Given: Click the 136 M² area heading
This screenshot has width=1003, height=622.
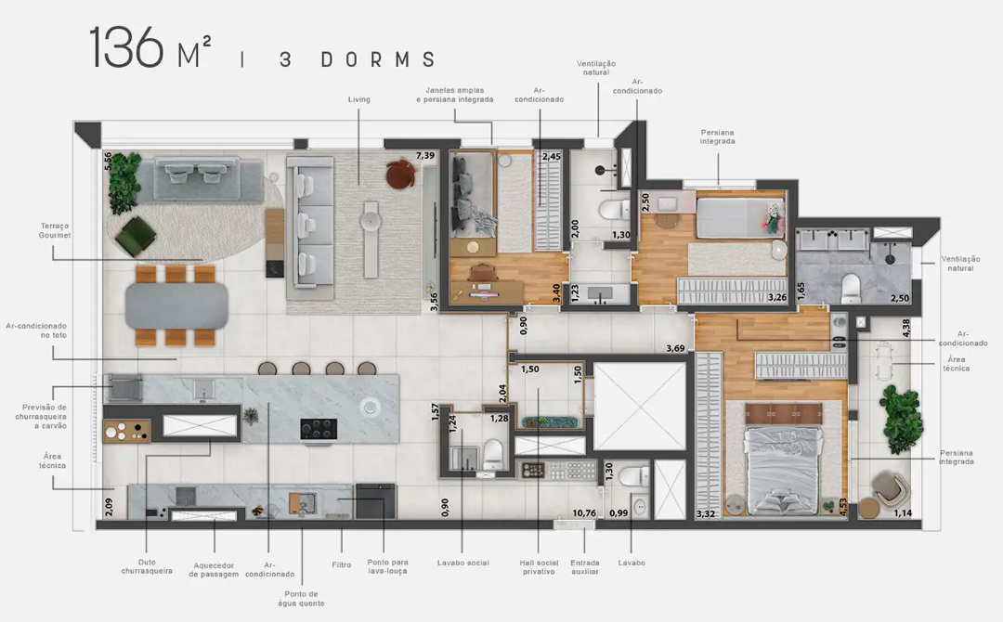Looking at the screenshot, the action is coord(150,48).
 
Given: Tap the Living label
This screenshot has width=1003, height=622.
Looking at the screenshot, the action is coord(358,99).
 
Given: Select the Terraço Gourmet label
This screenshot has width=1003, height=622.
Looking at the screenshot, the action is coord(55,230).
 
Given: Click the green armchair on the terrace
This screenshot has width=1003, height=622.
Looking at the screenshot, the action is coord(136,236).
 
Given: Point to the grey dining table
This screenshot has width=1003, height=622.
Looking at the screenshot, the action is coord(176,305).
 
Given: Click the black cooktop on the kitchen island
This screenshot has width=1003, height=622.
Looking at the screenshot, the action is coord(319,428).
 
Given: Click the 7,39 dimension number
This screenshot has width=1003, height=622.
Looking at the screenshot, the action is coord(424,155).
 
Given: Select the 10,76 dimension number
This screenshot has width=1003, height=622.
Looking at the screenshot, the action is coord(584,512).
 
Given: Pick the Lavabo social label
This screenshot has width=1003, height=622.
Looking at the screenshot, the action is coord(463,564).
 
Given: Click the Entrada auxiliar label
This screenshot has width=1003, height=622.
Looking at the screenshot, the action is coord(585,567).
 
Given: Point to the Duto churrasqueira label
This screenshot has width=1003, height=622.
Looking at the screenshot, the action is coord(147,566).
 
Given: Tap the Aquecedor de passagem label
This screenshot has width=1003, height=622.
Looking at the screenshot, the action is coord(214,570).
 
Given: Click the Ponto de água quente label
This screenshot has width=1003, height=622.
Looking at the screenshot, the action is coord(301,599).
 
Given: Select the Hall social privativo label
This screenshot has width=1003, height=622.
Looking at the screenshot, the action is coord(539,567).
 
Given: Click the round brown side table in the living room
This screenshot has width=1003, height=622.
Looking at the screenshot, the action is coord(400,174).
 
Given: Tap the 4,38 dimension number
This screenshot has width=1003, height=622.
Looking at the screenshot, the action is coord(905,328).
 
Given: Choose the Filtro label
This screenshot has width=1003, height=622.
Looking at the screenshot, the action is coord(342,564).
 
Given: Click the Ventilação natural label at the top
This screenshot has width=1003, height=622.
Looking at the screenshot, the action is coord(596,68).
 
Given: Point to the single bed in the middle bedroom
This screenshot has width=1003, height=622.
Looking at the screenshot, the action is coord(740,218).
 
